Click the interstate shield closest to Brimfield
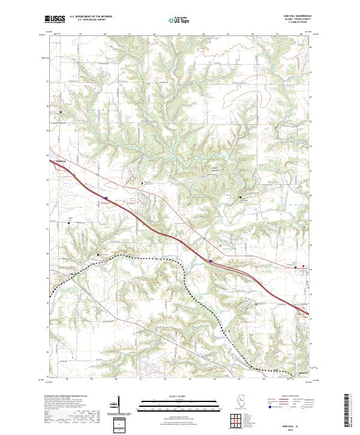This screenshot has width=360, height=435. (x=106, y=197)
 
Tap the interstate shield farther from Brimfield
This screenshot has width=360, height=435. (x=211, y=261)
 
